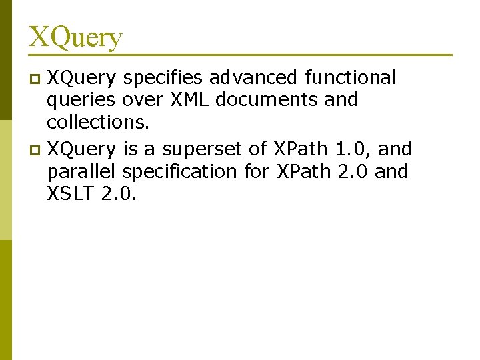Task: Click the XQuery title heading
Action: point(75,37)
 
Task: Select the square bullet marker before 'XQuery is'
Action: point(37,149)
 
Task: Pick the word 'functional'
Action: point(351,78)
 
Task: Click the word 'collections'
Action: point(97,123)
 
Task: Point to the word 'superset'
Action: point(198,148)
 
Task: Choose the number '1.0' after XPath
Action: point(349,148)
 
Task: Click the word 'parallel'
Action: point(81,171)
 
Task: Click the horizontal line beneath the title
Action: point(240,55)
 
